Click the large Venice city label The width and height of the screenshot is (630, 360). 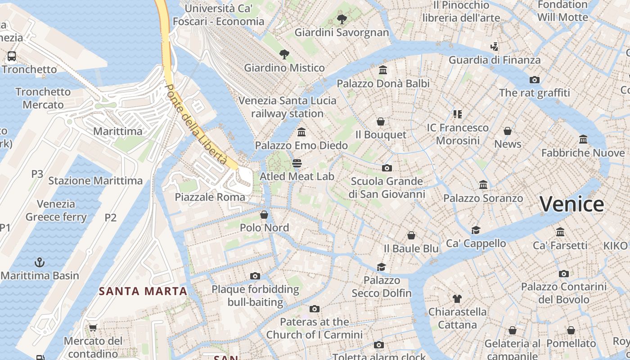pyautogui.click(x=571, y=204)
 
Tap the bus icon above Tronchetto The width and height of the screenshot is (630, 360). pyautogui.click(x=12, y=56)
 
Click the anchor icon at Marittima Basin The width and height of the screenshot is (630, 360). pyautogui.click(x=40, y=262)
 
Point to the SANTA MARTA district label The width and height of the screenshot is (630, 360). pyautogui.click(x=143, y=291)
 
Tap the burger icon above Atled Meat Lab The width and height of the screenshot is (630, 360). pyautogui.click(x=297, y=163)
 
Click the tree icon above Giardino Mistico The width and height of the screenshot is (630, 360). pyautogui.click(x=284, y=54)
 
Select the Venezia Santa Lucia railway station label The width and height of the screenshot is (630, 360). pyautogui.click(x=287, y=107)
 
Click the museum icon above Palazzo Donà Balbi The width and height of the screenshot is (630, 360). pyautogui.click(x=383, y=70)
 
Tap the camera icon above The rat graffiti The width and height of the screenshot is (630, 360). pyautogui.click(x=534, y=80)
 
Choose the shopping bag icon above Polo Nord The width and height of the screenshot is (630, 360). pyautogui.click(x=264, y=215)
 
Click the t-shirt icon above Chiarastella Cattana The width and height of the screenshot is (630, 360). pyautogui.click(x=457, y=298)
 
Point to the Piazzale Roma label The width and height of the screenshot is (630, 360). pyautogui.click(x=210, y=197)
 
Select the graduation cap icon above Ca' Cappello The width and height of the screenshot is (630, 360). pyautogui.click(x=476, y=230)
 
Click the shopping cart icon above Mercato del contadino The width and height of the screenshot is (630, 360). pyautogui.click(x=93, y=327)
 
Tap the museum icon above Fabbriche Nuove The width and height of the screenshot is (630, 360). pyautogui.click(x=583, y=139)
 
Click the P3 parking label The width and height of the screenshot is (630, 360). pyautogui.click(x=37, y=174)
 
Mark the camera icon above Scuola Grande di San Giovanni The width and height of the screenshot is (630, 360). pyautogui.click(x=387, y=168)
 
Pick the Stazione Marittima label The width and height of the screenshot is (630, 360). pyautogui.click(x=95, y=181)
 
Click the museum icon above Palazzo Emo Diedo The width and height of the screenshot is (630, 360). pyautogui.click(x=301, y=132)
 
